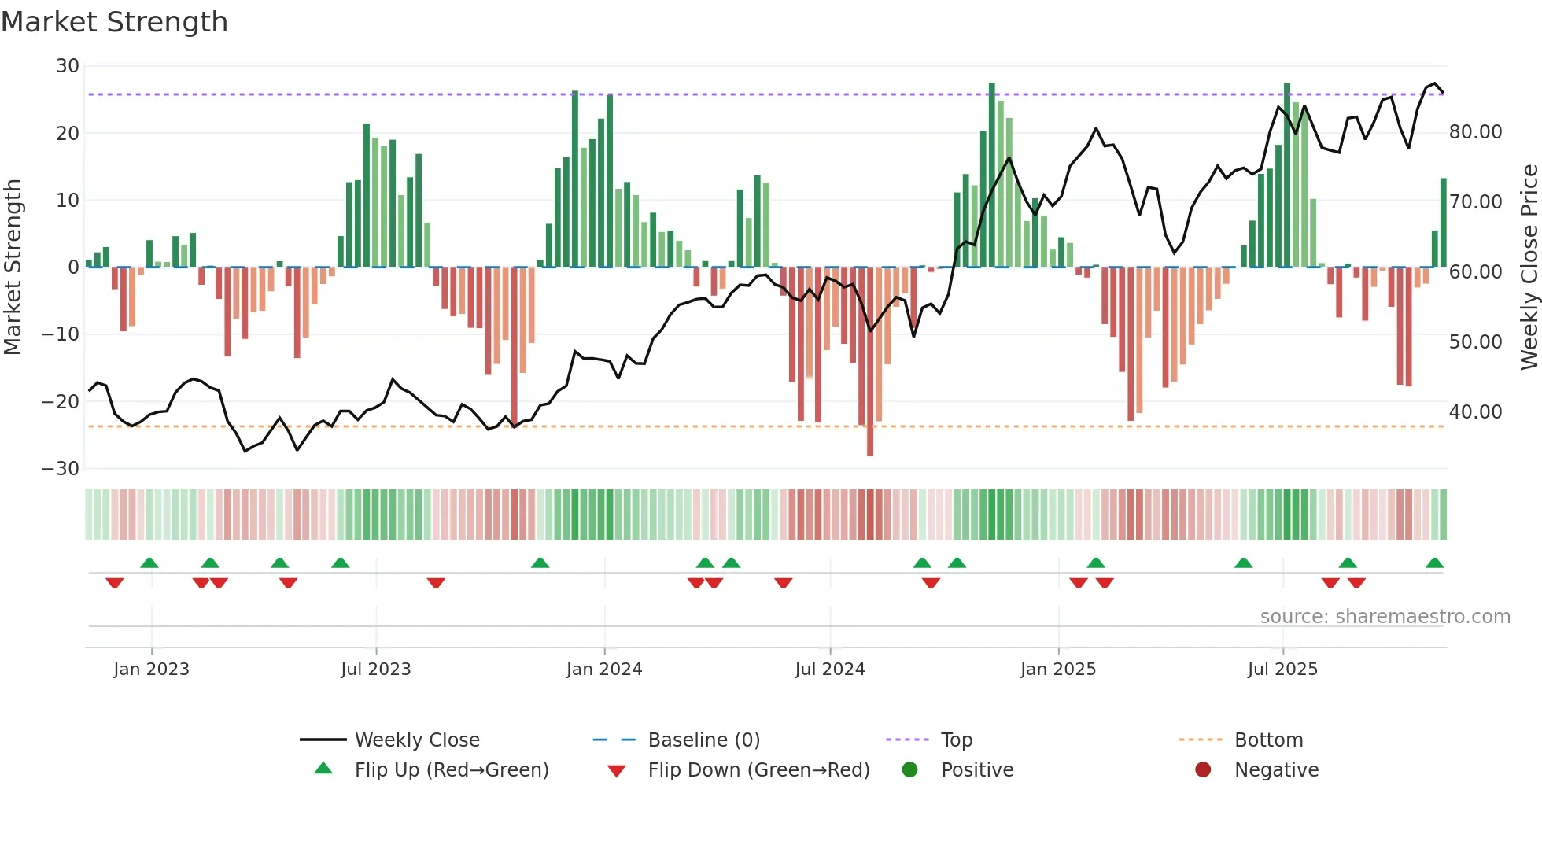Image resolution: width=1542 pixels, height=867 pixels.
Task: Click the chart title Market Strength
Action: (x=114, y=22)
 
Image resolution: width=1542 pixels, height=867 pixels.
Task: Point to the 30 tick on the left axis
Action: (x=68, y=66)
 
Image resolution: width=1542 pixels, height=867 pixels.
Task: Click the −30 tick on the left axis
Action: (x=61, y=469)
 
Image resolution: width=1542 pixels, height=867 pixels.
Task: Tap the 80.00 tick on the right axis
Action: (x=1475, y=132)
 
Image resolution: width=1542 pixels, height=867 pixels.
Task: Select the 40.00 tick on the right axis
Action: (x=1475, y=412)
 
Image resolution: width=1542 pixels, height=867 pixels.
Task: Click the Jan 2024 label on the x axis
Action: (x=603, y=670)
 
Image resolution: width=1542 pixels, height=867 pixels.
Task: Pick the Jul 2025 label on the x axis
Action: (x=1282, y=670)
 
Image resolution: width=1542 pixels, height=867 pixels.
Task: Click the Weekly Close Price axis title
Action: (x=1529, y=267)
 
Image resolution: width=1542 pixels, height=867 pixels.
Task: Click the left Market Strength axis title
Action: (x=13, y=267)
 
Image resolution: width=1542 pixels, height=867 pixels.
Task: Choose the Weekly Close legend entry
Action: (x=416, y=740)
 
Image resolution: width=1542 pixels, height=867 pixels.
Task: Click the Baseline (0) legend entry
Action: (x=703, y=740)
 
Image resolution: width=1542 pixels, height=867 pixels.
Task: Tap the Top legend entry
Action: (x=956, y=740)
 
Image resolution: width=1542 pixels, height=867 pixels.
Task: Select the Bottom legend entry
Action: (x=1268, y=740)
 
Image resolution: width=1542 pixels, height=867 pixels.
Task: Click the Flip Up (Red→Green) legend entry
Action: (x=451, y=770)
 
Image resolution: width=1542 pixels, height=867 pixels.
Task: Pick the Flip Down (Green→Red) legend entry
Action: (x=758, y=770)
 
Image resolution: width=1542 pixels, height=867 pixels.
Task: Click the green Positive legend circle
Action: (x=910, y=770)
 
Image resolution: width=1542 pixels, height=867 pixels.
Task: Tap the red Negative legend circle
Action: (x=1203, y=770)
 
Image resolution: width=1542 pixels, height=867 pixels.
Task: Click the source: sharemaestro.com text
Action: (x=1385, y=617)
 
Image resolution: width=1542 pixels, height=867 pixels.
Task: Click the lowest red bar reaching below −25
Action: (x=870, y=441)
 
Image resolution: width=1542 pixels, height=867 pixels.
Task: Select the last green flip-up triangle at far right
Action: (x=1434, y=563)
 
